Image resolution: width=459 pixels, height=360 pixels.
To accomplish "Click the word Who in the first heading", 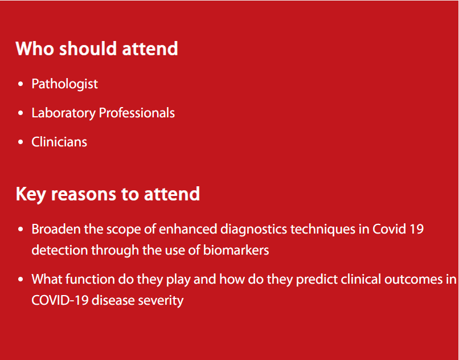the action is click(35, 48).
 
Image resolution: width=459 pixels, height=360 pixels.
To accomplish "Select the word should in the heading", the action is click(89, 48).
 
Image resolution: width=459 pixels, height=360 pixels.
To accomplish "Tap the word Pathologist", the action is click(65, 84).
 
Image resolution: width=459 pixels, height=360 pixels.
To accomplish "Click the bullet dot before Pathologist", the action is click(20, 84).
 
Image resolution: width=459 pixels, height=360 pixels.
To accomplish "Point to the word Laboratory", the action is click(64, 113).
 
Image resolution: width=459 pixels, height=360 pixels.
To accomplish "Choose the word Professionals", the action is click(137, 113).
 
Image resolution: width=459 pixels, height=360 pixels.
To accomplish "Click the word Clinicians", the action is click(59, 142).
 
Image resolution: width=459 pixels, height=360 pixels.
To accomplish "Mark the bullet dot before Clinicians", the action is click(20, 142).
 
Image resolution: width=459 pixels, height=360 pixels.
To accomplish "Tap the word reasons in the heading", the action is click(83, 195).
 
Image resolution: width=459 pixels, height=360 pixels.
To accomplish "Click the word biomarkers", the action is click(236, 250).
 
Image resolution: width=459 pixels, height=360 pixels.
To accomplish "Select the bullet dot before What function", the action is click(20, 279).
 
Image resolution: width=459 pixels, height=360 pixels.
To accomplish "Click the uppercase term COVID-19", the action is click(60, 300).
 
